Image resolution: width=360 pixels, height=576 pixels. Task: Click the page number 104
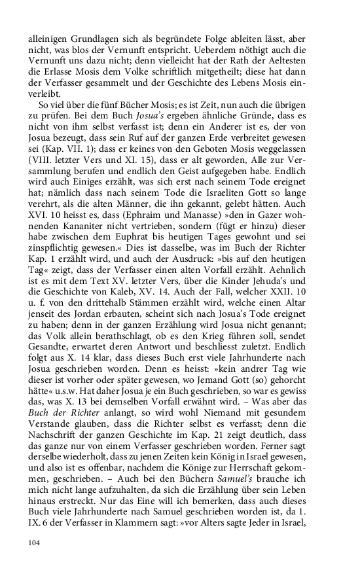click(x=35, y=542)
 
